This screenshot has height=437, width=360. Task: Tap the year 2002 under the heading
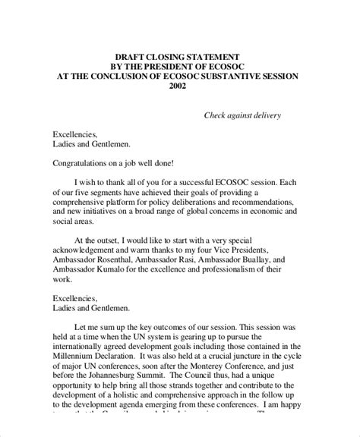click(179, 86)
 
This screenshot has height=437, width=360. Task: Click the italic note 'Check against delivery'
click(243, 115)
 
